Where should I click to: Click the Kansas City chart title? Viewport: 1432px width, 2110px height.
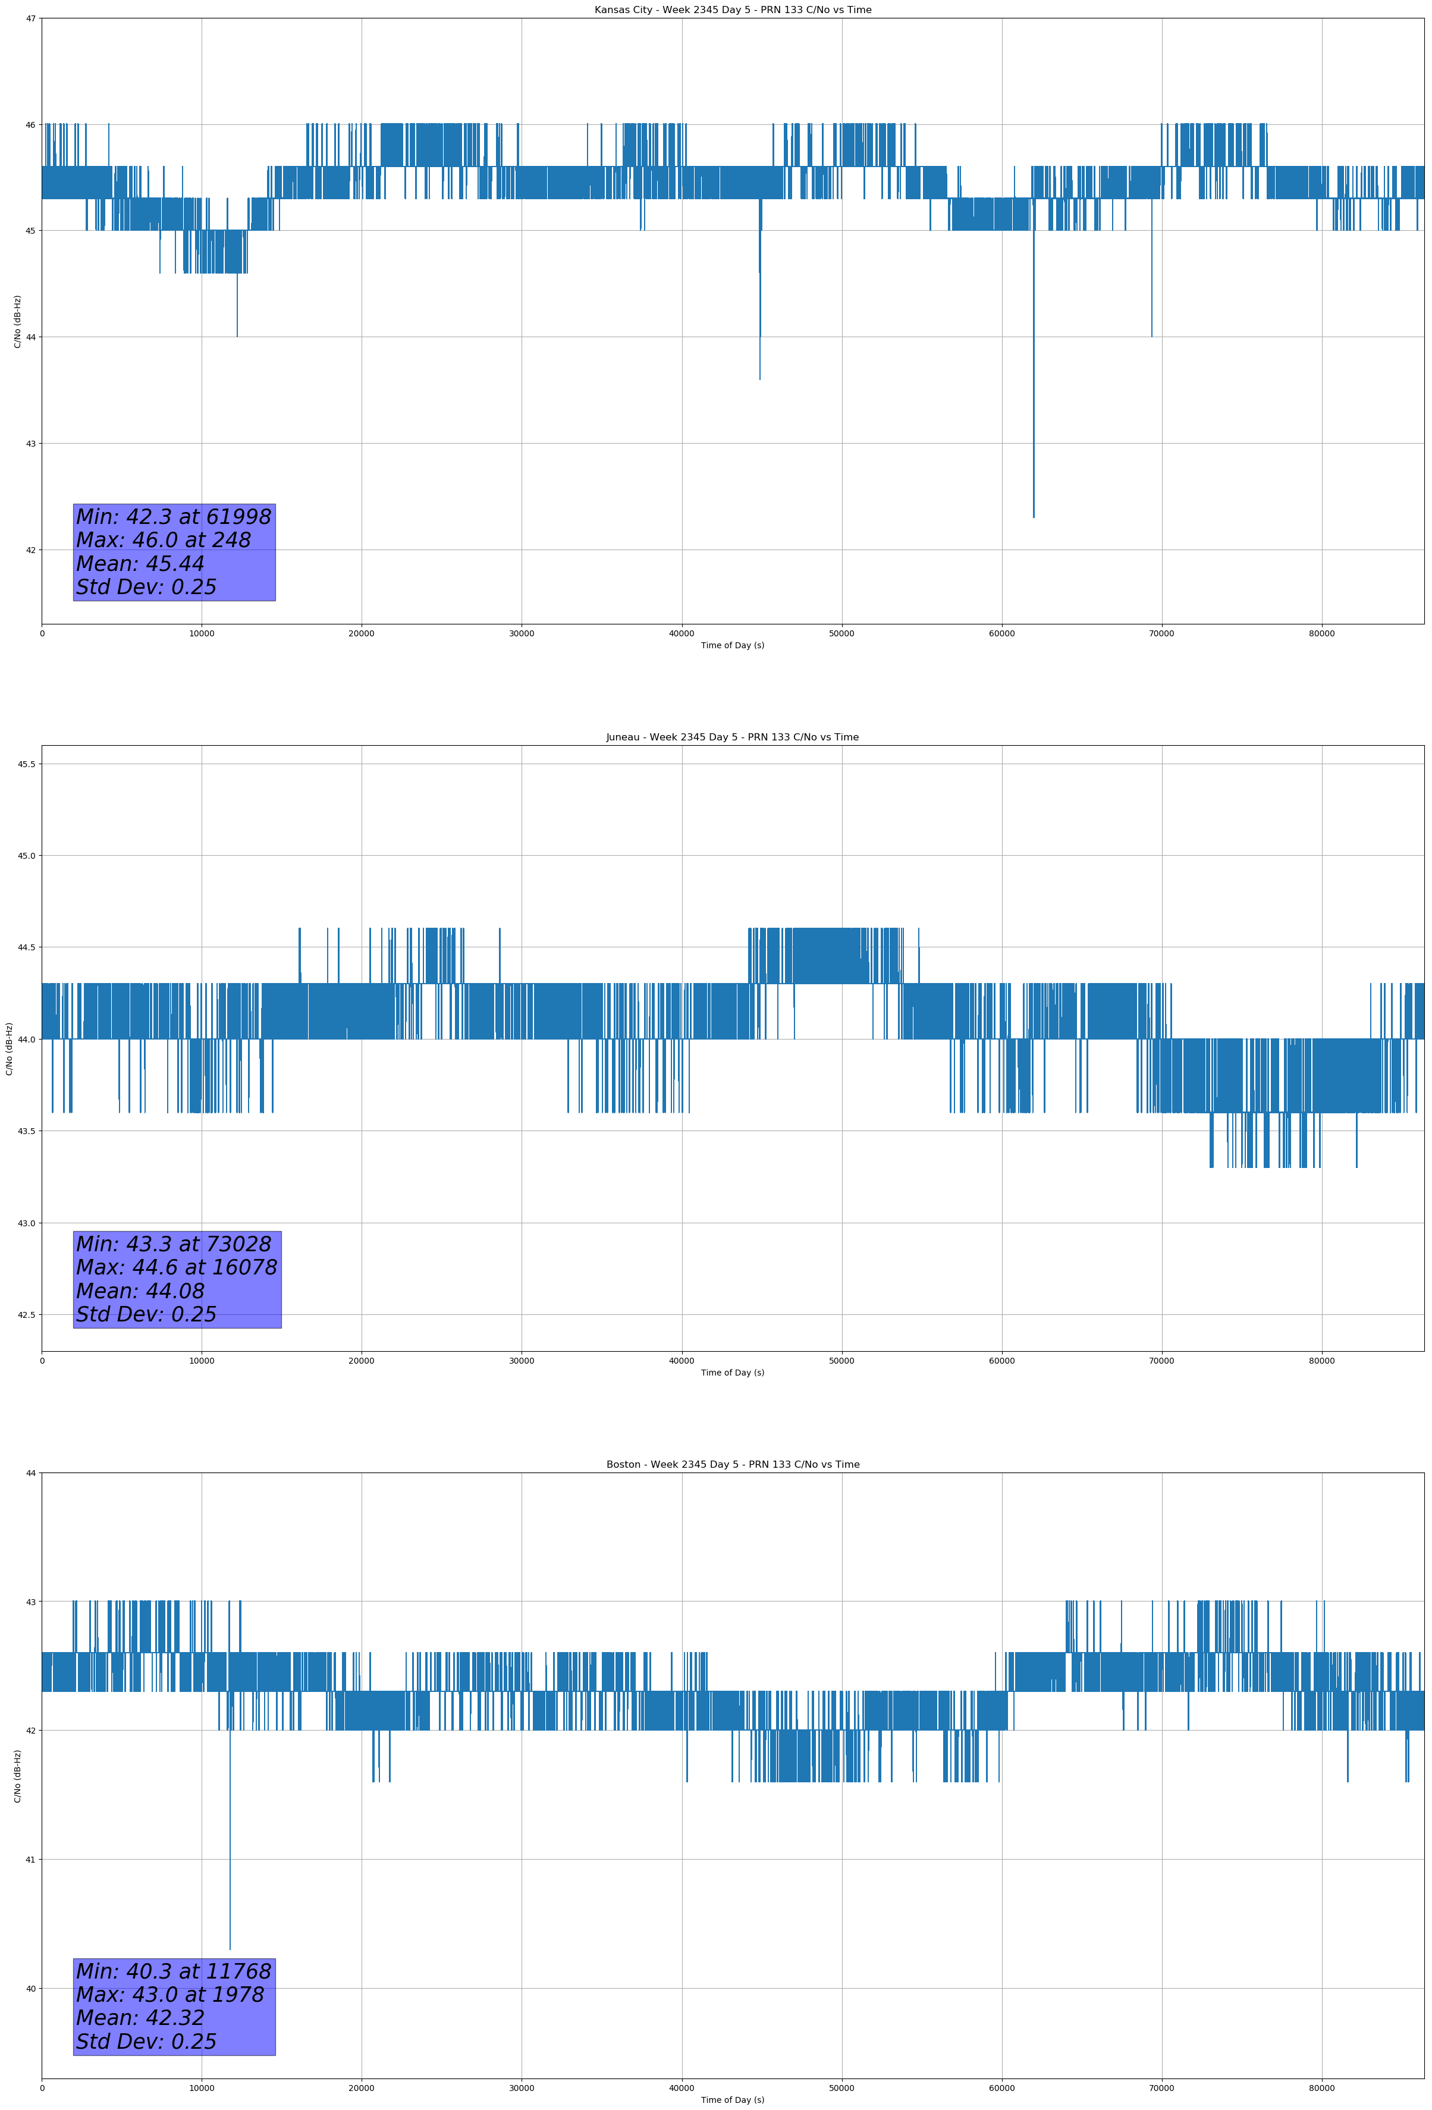(x=732, y=10)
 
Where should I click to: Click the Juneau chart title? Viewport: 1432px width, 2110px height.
(x=732, y=737)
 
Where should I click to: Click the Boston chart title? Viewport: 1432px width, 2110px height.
(x=732, y=1465)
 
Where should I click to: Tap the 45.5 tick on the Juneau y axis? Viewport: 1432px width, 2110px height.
(x=26, y=764)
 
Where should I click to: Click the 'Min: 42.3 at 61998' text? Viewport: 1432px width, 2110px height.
(x=174, y=517)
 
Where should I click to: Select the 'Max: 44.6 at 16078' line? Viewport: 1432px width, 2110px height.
(x=176, y=1267)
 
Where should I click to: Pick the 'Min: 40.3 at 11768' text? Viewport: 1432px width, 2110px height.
(x=174, y=1971)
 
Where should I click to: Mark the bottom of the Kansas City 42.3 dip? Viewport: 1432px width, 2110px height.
(x=1034, y=517)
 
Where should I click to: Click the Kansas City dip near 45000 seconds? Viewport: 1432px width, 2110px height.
(x=760, y=378)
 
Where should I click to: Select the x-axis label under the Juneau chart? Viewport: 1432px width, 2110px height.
(x=732, y=1373)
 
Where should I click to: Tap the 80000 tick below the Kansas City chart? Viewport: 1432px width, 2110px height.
(x=1321, y=634)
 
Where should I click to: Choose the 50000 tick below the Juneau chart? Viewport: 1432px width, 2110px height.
(x=841, y=1361)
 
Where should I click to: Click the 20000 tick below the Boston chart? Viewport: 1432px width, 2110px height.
(x=362, y=2088)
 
